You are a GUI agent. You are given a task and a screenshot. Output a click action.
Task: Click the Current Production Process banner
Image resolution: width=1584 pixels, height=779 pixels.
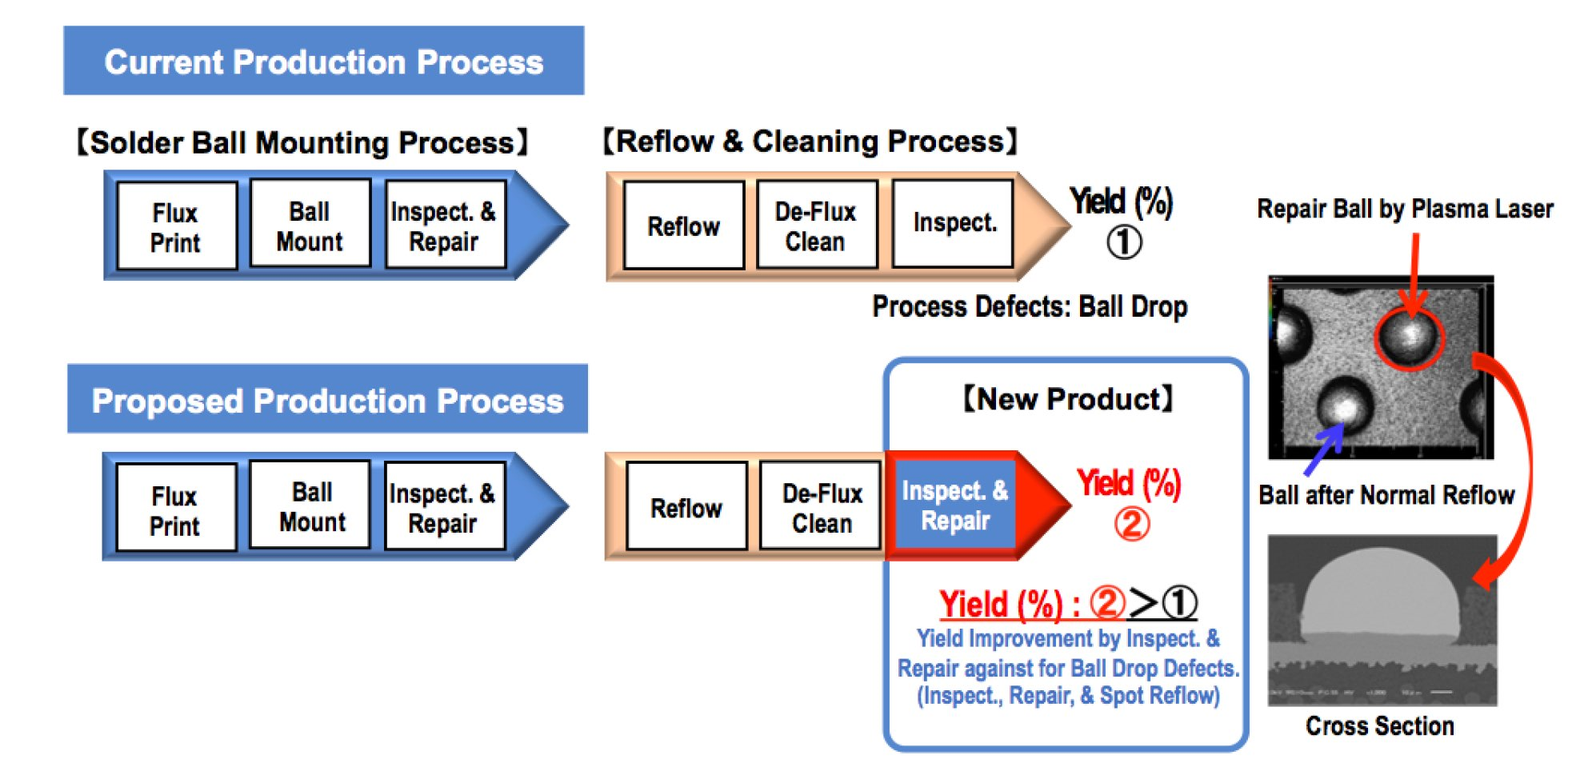[323, 61]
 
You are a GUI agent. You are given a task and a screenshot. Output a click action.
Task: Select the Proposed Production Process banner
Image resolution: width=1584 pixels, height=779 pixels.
[327, 399]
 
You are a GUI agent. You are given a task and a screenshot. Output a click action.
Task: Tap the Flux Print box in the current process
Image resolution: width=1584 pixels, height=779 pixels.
[176, 227]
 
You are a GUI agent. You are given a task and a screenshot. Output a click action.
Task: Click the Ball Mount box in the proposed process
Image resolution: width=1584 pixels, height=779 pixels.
[311, 506]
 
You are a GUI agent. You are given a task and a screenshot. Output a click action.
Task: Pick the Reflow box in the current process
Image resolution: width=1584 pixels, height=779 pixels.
[683, 226]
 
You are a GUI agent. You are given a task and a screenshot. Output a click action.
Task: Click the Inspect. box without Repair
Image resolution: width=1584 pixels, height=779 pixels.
[954, 223]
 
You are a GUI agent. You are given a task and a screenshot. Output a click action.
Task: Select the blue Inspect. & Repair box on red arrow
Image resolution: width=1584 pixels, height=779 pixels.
[954, 505]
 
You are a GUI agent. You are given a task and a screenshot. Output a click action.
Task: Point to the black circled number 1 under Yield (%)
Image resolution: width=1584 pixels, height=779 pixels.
[1124, 242]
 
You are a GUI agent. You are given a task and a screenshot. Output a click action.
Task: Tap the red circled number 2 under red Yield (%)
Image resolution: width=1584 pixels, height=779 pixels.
[1132, 525]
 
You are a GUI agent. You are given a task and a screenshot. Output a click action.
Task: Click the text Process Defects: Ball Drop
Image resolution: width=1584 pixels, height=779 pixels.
[1029, 306]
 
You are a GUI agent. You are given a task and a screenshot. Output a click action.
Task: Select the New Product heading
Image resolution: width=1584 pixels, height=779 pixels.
[1068, 398]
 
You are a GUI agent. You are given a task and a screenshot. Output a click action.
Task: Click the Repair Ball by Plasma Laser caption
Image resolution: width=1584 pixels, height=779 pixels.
[1404, 210]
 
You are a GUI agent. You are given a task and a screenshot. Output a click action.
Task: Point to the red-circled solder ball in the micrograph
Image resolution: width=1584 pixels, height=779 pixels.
[1410, 338]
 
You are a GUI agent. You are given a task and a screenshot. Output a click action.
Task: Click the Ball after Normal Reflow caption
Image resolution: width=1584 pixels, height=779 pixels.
[1386, 495]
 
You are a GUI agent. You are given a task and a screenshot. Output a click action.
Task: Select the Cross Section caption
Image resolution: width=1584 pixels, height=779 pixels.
[1380, 725]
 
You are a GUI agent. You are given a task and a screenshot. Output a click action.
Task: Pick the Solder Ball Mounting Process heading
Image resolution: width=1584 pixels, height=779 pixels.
[302, 142]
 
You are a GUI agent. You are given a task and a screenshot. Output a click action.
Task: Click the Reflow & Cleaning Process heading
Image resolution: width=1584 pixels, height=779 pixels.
[810, 142]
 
